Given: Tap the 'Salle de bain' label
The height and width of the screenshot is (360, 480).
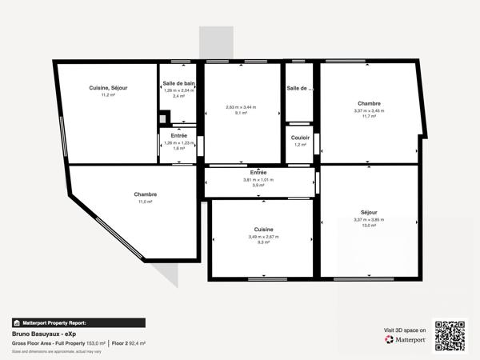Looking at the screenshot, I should (178, 83).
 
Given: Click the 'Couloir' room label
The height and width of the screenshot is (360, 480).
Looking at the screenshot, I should (300, 137).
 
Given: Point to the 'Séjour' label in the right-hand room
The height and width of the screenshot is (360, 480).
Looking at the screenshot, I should (369, 212).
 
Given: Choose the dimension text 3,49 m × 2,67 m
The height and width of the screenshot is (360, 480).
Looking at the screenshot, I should (263, 237).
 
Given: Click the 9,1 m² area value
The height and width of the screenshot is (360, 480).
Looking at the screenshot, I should (241, 114).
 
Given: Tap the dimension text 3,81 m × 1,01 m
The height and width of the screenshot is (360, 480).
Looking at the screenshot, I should (258, 180).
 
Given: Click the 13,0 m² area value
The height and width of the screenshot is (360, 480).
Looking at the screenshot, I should (369, 226).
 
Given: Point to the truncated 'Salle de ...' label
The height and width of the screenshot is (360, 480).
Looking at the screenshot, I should (300, 87).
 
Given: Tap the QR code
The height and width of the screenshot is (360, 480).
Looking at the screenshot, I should (450, 335).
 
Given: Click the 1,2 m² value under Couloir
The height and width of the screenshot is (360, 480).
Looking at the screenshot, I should (300, 145).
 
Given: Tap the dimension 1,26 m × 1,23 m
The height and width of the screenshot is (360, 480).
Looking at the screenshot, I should (178, 142).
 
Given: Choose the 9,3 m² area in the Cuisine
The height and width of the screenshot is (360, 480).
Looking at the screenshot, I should (263, 242).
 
